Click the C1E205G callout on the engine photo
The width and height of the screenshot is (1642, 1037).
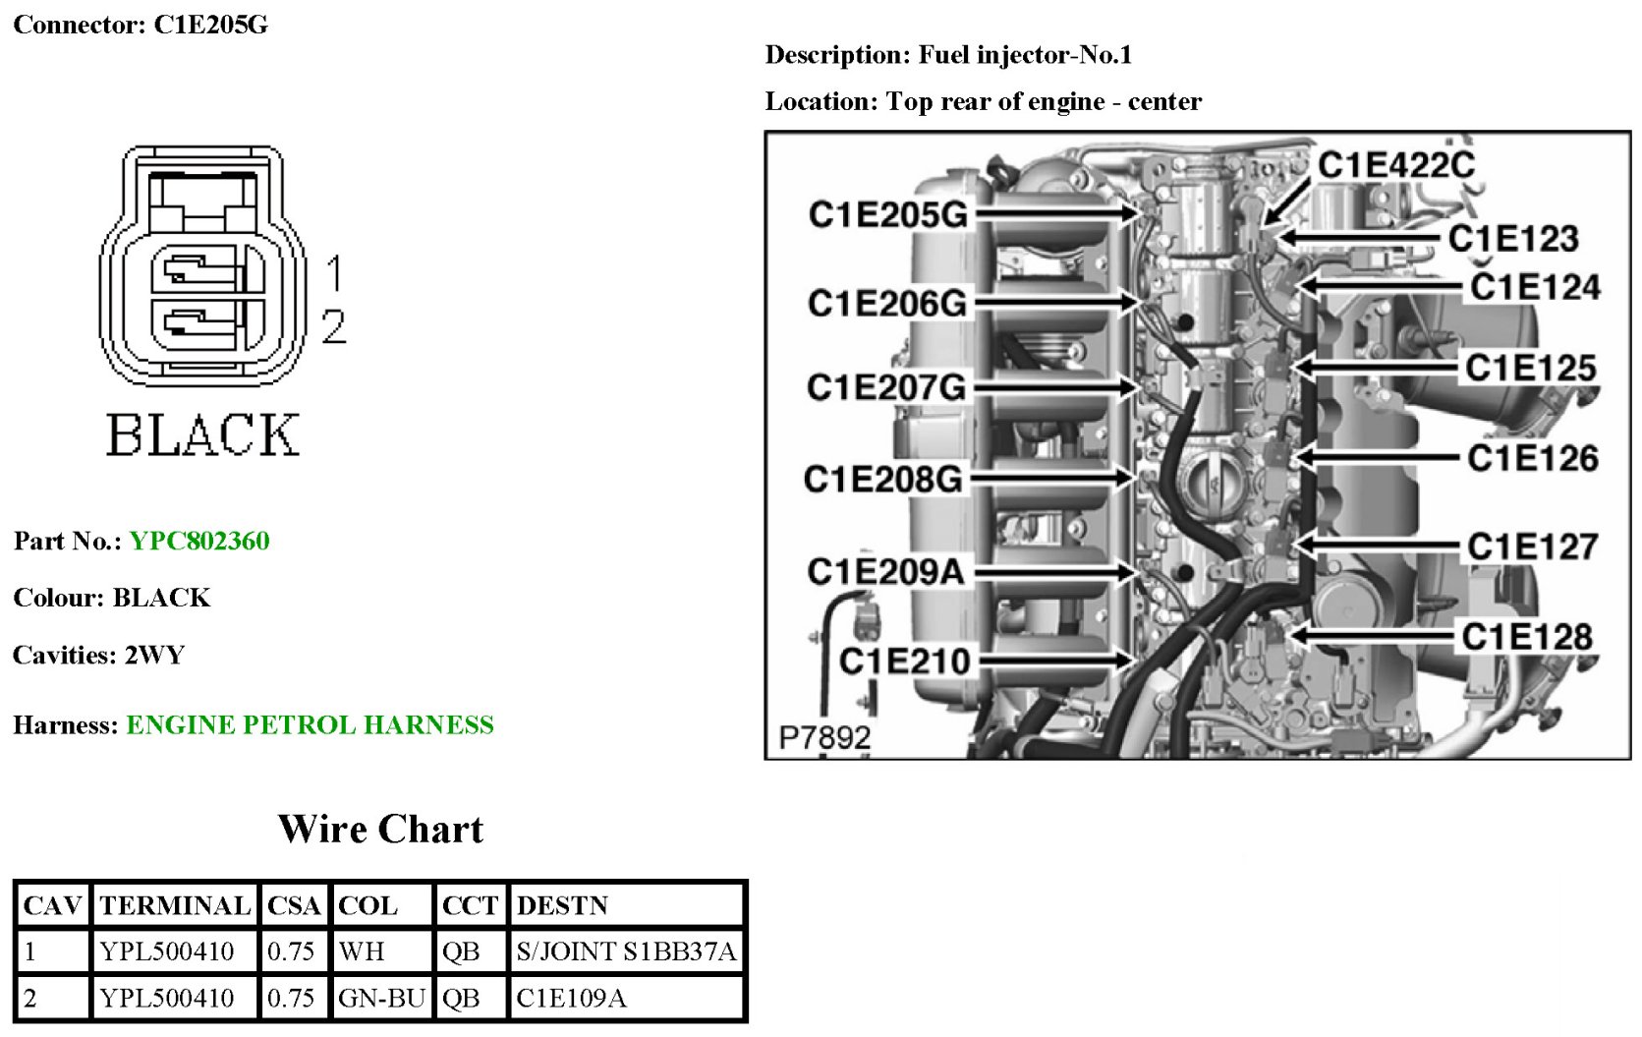887,214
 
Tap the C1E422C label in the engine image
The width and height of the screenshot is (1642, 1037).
1395,165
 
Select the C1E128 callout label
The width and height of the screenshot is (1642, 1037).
1527,637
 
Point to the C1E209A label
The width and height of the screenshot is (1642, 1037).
885,571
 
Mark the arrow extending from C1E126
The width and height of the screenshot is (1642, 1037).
1376,458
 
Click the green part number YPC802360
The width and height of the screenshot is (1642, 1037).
199,541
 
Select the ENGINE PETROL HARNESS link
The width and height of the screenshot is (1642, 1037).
310,725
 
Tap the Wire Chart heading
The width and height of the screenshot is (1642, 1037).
380,830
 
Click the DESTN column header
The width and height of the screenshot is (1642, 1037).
562,905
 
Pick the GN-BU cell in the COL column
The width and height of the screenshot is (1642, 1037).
381,999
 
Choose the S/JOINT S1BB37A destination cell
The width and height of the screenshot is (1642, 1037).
626,951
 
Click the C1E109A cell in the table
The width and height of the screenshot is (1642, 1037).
571,999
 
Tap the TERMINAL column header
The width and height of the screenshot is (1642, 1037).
175,905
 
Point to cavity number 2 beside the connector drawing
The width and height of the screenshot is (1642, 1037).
334,326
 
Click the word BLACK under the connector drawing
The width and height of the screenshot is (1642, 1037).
202,434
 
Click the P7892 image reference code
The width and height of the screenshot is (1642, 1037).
824,737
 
